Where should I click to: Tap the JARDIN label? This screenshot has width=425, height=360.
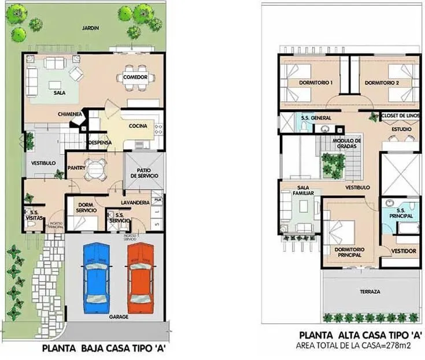point(90,28)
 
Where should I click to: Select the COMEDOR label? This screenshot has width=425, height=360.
point(135,77)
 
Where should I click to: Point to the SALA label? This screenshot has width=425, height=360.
point(59,92)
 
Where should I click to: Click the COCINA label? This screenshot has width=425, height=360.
point(138,126)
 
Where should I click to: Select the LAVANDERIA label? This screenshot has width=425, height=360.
point(136,202)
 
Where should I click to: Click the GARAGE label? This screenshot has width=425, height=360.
point(118,317)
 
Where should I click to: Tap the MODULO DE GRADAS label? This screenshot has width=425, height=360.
point(347,143)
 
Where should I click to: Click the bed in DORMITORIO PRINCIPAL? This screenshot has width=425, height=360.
point(341,232)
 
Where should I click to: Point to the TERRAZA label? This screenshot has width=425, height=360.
point(370,292)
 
